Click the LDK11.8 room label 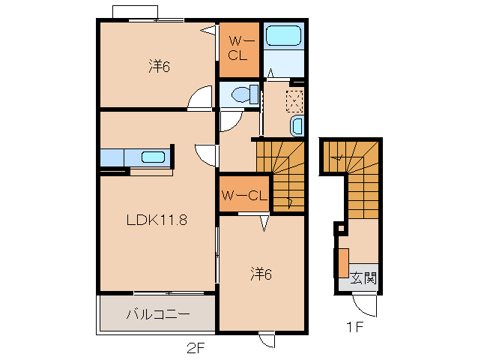157,220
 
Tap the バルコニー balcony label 158,314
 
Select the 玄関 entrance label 363,278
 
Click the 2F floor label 196,348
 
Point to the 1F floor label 355,327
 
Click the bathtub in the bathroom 283,36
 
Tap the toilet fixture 245,94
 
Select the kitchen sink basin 153,157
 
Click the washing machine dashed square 294,101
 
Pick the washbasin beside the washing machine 297,126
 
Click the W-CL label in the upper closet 239,48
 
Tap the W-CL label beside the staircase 244,196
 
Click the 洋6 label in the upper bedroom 159,66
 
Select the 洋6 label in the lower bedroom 261,274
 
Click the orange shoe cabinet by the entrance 344,263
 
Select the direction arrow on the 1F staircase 339,158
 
